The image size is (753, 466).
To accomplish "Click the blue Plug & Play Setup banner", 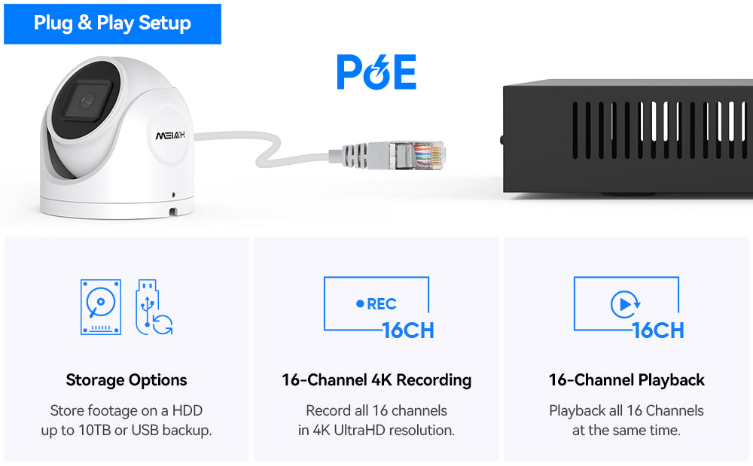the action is coord(112,24).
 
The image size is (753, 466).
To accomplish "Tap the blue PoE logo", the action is coord(376,72).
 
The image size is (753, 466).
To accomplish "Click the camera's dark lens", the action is coord(87,100).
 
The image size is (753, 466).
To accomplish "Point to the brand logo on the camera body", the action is coord(170,136).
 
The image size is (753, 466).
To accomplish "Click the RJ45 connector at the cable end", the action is coord(417,155).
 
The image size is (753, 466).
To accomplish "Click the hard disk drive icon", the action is coord(101,307).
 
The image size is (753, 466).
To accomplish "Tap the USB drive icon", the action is coord(154,307).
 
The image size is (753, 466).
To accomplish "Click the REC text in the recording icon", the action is coord(382,304).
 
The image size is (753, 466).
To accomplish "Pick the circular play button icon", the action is coord(625,304).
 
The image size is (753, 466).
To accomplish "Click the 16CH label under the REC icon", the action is coord(408,330).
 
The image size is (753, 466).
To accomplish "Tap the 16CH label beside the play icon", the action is coord(658,330).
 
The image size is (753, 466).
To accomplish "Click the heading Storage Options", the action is coord(127,380).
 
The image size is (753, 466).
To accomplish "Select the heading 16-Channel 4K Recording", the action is coord(376,380).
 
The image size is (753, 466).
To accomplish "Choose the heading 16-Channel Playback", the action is coord(626,380).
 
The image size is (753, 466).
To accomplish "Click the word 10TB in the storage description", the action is coord(95,430).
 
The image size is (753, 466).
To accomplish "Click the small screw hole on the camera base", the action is coord(173,195).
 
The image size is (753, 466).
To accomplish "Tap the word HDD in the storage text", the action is coord(187,410).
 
